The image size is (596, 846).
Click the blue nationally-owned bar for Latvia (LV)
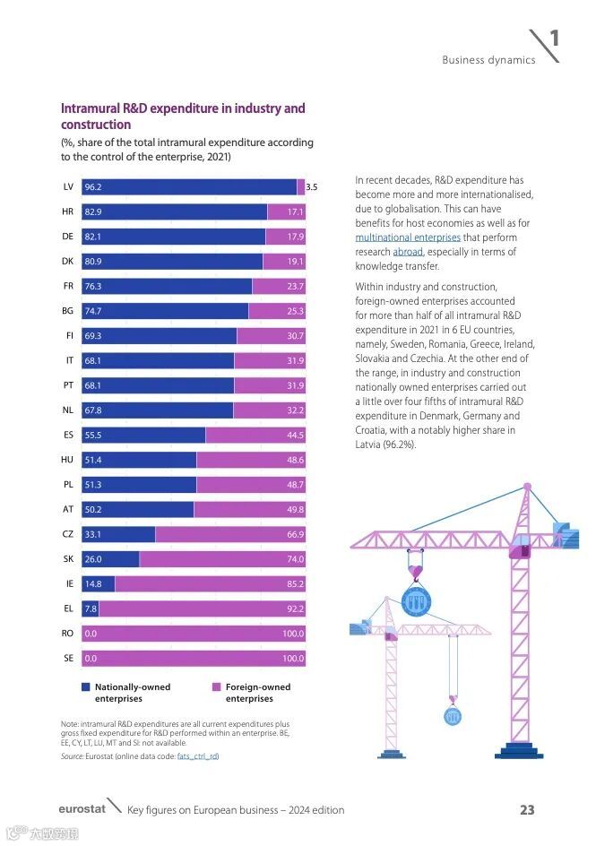(188, 187)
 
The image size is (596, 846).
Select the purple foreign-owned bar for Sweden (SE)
(193, 659)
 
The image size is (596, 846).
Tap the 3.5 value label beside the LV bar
(312, 187)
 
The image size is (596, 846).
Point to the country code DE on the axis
(67, 237)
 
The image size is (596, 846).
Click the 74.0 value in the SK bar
(295, 559)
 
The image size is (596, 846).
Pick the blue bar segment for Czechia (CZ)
(118, 534)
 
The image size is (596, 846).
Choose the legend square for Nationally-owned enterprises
(86, 687)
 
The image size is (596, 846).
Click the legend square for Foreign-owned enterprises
(216, 687)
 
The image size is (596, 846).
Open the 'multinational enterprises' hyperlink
(408, 237)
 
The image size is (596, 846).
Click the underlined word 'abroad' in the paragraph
(408, 252)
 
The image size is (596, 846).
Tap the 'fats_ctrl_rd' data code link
(197, 756)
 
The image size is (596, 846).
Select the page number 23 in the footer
(527, 809)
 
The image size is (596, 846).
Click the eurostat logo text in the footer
(82, 809)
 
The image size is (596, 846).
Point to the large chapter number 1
(555, 39)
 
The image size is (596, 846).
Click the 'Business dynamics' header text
(488, 60)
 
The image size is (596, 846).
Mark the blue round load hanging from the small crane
(453, 716)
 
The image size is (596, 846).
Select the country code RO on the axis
(67, 634)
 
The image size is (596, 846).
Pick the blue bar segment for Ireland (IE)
(98, 584)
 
